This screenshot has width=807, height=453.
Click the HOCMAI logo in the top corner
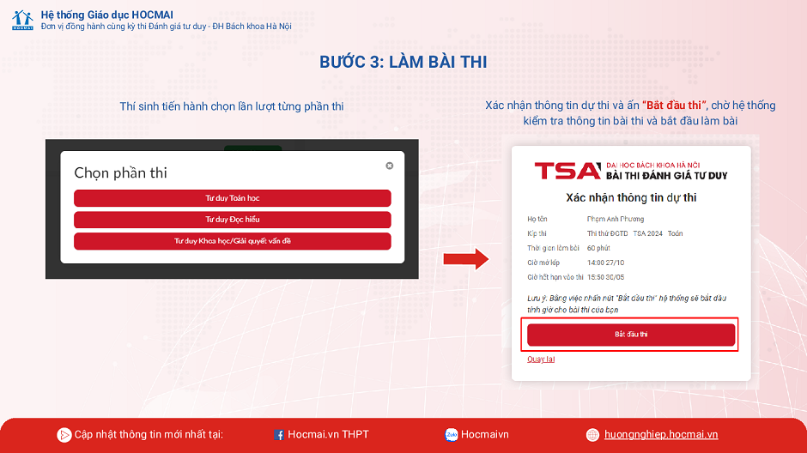22,20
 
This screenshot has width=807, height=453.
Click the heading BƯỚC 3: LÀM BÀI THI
403,63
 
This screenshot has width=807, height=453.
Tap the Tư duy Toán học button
232,198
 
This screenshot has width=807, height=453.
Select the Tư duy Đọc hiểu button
232,220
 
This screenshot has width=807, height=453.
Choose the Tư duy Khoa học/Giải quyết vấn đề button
232,241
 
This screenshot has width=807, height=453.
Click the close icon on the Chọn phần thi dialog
389,166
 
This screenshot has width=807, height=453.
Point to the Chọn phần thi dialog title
120,172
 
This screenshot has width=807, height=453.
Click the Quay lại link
541,359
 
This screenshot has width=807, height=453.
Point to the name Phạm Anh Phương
615,219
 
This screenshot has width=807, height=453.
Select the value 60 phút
598,248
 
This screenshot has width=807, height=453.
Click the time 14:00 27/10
605,263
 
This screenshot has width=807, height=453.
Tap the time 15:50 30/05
605,277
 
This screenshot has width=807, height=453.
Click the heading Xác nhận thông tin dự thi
631,197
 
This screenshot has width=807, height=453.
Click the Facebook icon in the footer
279,435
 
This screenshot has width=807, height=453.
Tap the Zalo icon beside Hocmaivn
452,435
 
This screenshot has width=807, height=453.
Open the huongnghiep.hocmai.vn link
660,434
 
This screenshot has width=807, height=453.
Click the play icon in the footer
64,435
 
